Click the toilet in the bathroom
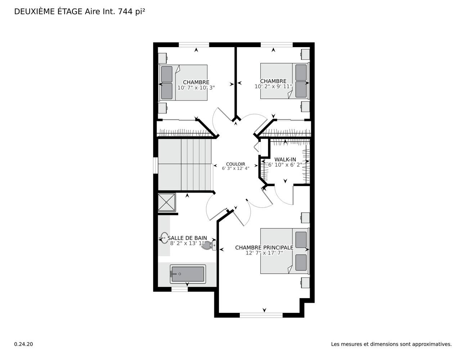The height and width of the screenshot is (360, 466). [209, 246]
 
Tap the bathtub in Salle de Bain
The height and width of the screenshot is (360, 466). [188, 274]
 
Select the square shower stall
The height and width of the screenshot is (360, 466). [167, 202]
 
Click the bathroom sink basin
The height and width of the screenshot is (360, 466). [164, 238]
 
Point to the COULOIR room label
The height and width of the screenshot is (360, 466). [236, 164]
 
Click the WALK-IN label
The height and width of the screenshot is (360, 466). [285, 159]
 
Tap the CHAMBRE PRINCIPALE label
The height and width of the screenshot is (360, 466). [264, 248]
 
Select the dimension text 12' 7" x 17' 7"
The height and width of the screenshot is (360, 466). [264, 253]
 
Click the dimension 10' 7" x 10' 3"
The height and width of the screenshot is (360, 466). [196, 88]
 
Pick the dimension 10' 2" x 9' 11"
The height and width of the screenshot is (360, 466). [273, 86]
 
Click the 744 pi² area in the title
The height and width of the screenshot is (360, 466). [131, 12]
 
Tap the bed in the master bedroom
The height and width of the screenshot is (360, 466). [285, 251]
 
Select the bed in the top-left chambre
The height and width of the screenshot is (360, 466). [183, 82]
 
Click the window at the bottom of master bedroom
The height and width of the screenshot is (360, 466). [261, 315]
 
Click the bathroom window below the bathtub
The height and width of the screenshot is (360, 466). [179, 289]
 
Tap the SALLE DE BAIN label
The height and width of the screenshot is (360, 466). [187, 238]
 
